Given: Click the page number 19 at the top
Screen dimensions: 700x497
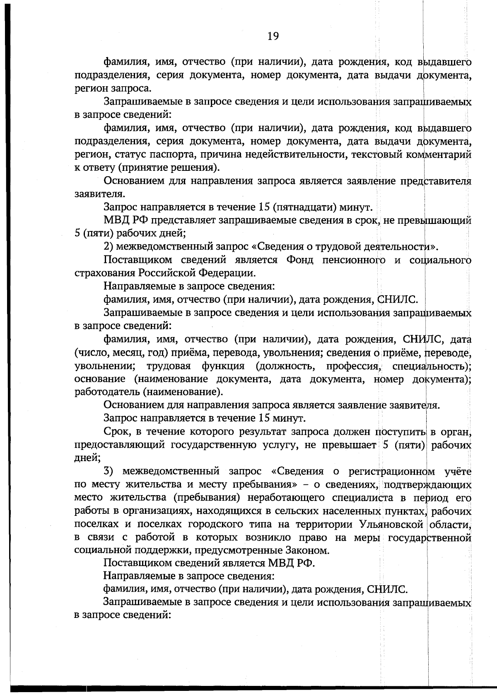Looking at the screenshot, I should tap(273, 36).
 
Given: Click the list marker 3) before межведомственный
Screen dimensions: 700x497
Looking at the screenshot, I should tap(108, 472).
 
